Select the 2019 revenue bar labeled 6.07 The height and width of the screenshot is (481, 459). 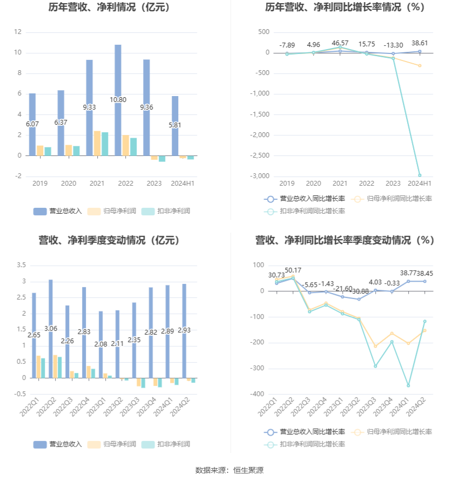tap(32, 124)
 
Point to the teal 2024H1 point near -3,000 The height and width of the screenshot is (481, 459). tap(420, 175)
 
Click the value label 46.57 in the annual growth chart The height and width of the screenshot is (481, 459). tap(340, 43)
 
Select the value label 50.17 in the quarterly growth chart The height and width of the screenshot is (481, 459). tap(293, 270)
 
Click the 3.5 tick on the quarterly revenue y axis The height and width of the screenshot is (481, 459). tap(22, 265)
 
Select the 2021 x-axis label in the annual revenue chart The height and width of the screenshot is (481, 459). tap(97, 184)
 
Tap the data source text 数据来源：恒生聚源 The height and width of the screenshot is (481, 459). tap(229, 470)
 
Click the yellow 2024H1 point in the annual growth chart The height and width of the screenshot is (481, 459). tap(420, 66)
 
